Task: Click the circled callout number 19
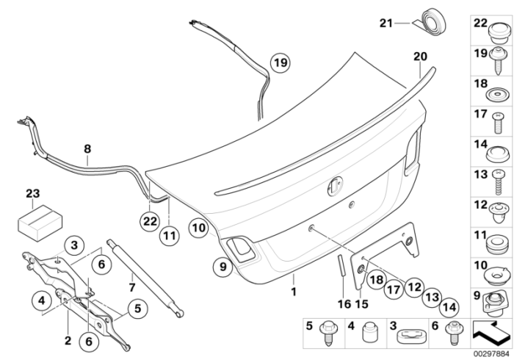[x=280, y=62]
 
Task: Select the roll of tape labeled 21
[x=432, y=21]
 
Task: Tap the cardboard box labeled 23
[x=40, y=223]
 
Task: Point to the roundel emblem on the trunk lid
[x=335, y=186]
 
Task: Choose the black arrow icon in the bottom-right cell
[x=491, y=333]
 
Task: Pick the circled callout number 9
[x=223, y=267]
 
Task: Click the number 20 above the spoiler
[x=420, y=57]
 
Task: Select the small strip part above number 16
[x=341, y=265]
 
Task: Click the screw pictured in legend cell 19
[x=499, y=60]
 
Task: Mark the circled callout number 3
[x=74, y=245]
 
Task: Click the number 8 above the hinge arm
[x=87, y=149]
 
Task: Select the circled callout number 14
[x=449, y=308]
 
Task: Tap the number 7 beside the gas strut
[x=131, y=287]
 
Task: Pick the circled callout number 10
[x=199, y=228]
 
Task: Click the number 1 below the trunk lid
[x=294, y=292]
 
